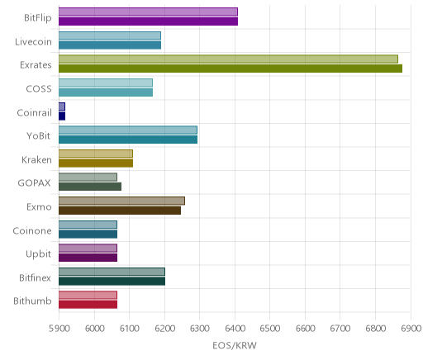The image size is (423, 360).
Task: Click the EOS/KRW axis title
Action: click(235, 345)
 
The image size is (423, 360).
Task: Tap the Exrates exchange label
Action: click(36, 65)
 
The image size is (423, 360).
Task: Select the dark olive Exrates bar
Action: click(231, 69)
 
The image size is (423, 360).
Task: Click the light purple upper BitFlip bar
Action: click(148, 12)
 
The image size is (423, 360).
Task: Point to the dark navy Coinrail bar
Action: click(62, 116)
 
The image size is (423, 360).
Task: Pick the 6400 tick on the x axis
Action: click(235, 329)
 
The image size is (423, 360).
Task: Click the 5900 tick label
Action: click(59, 329)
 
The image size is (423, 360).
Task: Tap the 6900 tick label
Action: click(411, 329)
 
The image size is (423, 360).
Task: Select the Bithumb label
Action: click(32, 301)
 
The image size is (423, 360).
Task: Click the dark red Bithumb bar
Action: click(88, 305)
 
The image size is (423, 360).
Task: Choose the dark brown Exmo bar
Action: click(120, 211)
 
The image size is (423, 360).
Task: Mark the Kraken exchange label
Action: click(36, 160)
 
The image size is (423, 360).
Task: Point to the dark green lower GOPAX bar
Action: click(90, 187)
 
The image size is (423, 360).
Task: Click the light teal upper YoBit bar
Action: click(128, 130)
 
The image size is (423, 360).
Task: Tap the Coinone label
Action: click(32, 231)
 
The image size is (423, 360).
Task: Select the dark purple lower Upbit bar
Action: click(88, 258)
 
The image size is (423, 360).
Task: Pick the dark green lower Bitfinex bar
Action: click(112, 282)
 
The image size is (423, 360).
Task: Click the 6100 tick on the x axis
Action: click(130, 329)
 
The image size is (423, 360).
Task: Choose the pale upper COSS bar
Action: click(106, 83)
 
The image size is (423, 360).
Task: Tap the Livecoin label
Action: click(33, 42)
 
